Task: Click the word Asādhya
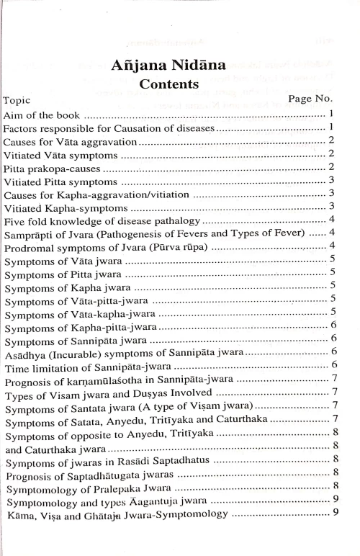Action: [x=25, y=352]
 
